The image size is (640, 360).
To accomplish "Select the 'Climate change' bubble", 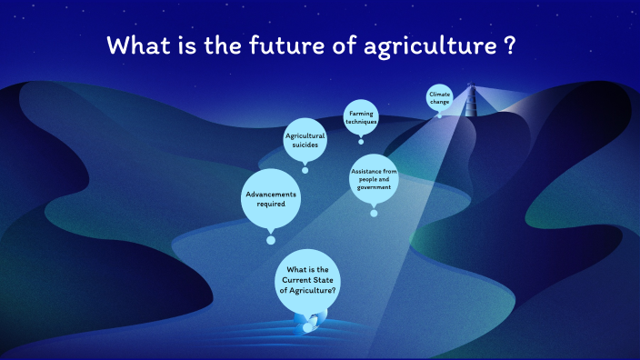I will coord(440,97).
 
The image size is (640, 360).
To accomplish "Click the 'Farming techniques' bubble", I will coord(361,117).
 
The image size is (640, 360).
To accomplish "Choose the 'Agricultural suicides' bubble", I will coord(305,140).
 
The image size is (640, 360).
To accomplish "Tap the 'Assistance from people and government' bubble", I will coord(374,179).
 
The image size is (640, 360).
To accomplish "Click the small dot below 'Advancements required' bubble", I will coord(270,240).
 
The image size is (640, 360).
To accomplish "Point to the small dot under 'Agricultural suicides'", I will coord(305,170).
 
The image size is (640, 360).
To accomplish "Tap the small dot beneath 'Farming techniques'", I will coord(361,141).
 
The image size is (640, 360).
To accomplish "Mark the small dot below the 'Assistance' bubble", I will coord(374,214).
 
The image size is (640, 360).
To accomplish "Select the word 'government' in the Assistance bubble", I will coord(374,187).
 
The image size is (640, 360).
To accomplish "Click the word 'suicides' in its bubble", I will coord(305,145).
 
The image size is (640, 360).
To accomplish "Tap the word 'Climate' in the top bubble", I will coord(440,94).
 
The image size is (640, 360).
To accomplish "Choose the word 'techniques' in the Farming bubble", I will coord(361,122).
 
